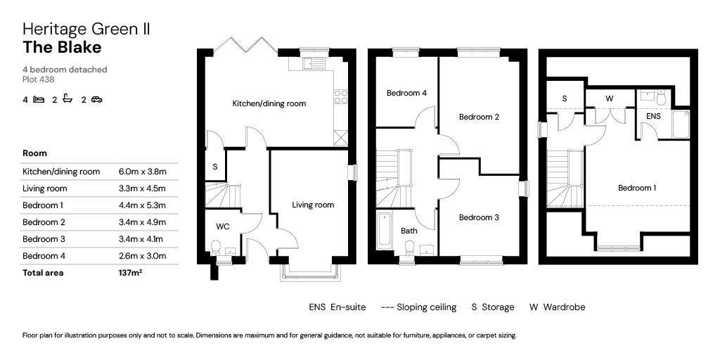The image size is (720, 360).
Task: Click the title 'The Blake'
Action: (62, 48)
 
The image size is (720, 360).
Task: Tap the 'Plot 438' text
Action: (38, 79)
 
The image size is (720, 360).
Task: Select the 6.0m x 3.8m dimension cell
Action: (146, 172)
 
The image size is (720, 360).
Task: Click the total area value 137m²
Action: (131, 273)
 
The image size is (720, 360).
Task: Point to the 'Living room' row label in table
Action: (45, 188)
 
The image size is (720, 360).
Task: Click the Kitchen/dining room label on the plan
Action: (269, 103)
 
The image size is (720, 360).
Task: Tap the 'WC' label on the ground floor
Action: (221, 226)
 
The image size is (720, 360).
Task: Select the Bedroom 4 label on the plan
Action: (406, 93)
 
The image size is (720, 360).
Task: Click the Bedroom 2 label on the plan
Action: (479, 117)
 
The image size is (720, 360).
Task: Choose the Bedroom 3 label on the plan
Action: (479, 217)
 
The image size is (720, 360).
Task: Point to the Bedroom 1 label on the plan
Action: (637, 188)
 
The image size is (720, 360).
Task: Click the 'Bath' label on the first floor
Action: (409, 231)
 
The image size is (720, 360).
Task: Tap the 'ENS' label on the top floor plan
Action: (653, 115)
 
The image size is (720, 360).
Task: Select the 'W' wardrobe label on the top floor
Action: (610, 99)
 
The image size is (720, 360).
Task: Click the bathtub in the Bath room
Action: (385, 230)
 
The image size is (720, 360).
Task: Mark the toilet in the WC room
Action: (217, 247)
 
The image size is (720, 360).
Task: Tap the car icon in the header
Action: (96, 100)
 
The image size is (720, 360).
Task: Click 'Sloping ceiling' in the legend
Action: (426, 307)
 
